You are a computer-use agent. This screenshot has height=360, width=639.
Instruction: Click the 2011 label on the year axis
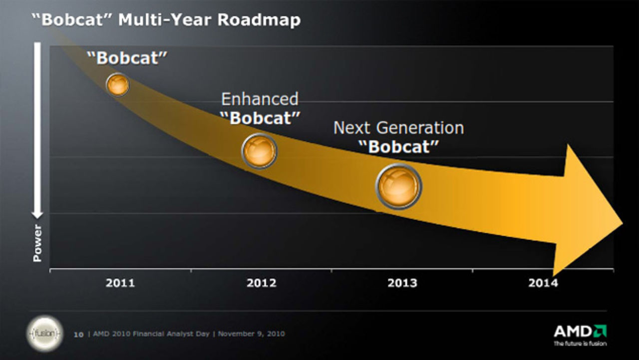coord(120,283)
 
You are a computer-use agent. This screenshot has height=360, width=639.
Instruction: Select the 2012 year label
coord(261,283)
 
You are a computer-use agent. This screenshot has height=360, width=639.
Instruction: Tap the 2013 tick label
coord(402,283)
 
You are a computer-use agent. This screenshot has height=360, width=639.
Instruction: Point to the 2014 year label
coord(543,283)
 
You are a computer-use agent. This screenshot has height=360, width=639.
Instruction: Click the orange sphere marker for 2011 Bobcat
coord(118,84)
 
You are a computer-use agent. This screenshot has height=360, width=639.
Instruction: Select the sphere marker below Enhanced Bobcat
coord(259,151)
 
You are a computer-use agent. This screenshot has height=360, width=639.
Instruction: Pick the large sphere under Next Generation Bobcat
coord(398,186)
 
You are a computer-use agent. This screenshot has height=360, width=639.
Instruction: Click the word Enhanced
coord(260,99)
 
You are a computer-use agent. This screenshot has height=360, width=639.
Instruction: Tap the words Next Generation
coord(398,128)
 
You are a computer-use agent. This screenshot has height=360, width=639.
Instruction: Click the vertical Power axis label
coord(37,243)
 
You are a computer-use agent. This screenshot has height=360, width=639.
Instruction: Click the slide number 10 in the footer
coord(78,334)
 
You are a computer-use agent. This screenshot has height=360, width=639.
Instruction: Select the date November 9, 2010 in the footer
coord(252,334)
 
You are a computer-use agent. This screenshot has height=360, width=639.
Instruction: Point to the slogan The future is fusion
coord(581,344)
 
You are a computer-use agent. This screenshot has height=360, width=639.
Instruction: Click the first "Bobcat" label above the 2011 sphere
coord(127,57)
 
